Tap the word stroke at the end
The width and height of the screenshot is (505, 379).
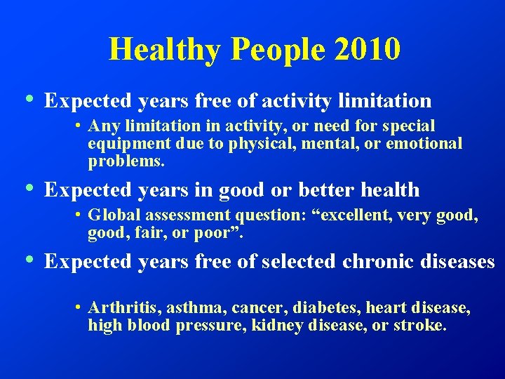click(419, 326)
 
